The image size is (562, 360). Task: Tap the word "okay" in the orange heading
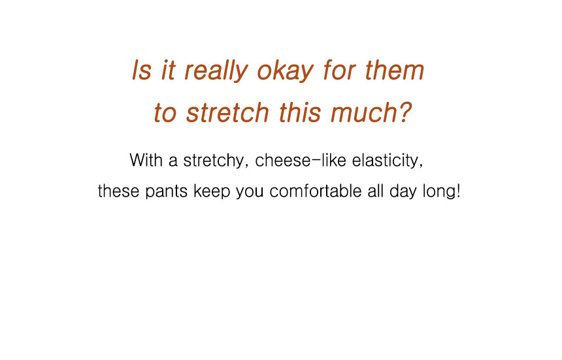tap(286, 71)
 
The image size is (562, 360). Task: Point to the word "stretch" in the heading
tap(227, 112)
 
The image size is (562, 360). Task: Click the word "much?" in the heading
tap(371, 112)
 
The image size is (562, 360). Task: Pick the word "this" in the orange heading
tap(300, 112)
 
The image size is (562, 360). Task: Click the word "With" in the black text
tap(146, 160)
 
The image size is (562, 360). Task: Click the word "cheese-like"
tap(301, 160)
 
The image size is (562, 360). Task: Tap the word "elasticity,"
tap(388, 161)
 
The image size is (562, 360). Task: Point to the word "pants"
tap(166, 191)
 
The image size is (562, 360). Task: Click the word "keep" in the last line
tap(212, 191)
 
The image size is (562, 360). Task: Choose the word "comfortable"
tap(316, 191)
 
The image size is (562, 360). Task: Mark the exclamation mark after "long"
tap(457, 191)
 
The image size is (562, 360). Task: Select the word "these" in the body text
tap(118, 191)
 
